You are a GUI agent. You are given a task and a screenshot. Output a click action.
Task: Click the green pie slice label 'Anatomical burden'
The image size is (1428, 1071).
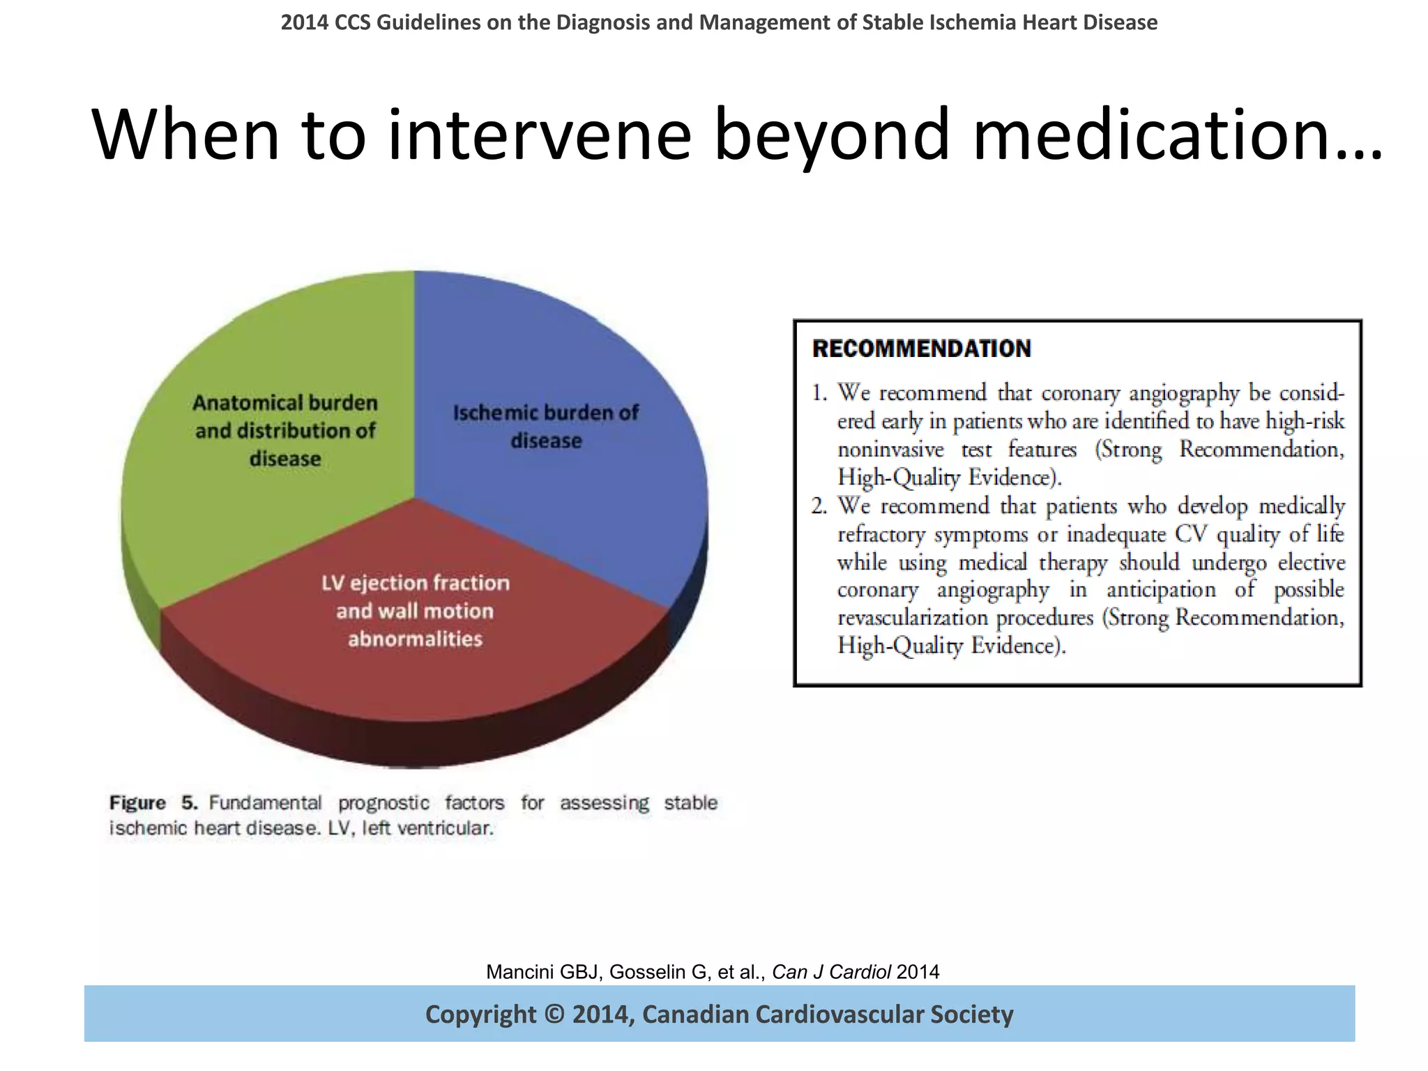tap(284, 403)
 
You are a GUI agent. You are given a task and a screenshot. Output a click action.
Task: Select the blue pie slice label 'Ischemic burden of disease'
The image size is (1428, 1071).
tap(545, 426)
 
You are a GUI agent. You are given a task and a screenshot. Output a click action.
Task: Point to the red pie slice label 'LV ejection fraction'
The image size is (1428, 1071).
tap(415, 583)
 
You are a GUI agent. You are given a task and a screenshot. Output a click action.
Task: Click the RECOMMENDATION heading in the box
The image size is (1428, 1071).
tap(921, 349)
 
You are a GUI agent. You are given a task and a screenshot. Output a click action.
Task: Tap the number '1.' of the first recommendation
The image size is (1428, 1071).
tap(819, 393)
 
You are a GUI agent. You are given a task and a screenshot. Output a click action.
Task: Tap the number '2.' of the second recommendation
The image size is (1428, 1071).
tap(819, 506)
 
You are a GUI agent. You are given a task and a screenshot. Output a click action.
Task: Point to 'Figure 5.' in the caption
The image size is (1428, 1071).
tap(153, 803)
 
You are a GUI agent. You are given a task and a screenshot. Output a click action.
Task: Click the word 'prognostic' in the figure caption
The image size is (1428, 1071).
tap(383, 803)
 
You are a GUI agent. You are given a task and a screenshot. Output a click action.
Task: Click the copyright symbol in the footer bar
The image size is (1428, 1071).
tap(554, 1015)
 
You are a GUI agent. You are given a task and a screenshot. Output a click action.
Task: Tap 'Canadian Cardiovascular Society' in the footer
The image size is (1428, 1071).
tap(827, 1015)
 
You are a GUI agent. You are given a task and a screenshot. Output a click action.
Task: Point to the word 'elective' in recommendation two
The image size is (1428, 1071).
tap(1311, 562)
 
